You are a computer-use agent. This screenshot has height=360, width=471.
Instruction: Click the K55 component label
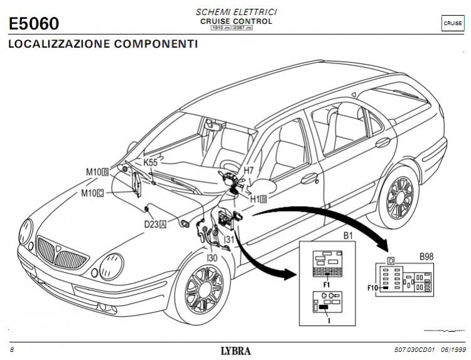tap(151, 161)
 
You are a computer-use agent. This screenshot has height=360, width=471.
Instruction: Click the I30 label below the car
tap(212, 256)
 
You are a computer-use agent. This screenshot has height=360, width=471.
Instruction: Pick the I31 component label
tap(229, 239)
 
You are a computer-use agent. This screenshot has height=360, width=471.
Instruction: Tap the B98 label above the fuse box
tap(426, 257)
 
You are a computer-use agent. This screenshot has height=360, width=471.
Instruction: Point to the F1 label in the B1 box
tap(327, 285)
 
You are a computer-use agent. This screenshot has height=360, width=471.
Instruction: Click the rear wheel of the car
tap(401, 198)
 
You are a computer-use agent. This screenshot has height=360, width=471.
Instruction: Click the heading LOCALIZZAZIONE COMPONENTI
tap(102, 45)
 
